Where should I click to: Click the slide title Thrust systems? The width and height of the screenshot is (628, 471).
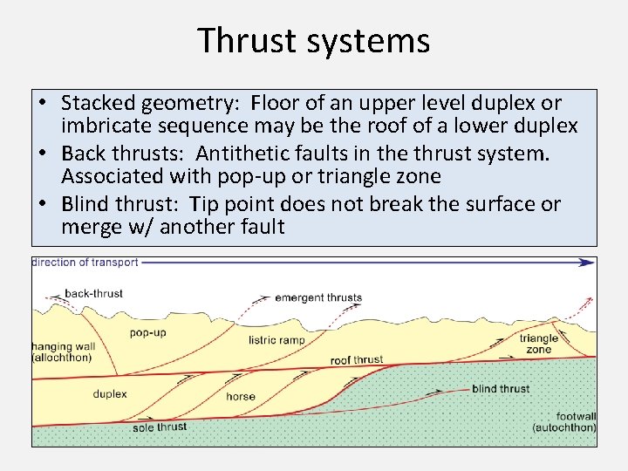point(313,40)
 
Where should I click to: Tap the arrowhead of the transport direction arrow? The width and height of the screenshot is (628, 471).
point(590,261)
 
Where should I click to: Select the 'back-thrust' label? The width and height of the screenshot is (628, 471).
point(94,294)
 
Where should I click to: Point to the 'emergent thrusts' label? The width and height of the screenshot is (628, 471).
point(318,297)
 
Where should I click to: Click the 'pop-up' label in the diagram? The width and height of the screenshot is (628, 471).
point(148,333)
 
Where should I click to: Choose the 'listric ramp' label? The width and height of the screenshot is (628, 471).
point(276,340)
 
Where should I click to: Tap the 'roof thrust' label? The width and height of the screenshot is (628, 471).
point(357,359)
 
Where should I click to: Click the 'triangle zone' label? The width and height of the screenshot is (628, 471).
point(539,344)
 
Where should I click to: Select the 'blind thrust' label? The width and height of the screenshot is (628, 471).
point(501,388)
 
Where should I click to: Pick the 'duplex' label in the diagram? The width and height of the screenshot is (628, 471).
point(110,394)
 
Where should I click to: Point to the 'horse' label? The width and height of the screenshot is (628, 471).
point(241,396)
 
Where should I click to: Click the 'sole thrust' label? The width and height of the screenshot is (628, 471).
point(160,427)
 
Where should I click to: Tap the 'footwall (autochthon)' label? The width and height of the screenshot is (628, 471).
point(564,422)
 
